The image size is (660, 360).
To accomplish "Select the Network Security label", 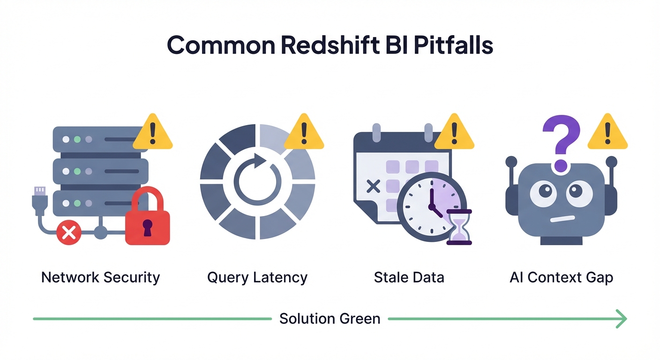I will pos(100,277).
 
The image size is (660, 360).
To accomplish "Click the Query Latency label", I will pos(257,277).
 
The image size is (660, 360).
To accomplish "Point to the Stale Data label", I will pos(409,277).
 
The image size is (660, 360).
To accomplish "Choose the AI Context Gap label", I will pos(561,277).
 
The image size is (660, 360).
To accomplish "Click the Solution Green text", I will pos(330,319).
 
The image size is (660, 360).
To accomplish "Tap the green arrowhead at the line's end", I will pos(622,319).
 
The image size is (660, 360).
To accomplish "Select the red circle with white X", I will pos(68,233).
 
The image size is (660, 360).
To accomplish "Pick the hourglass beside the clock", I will pos(459,227).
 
